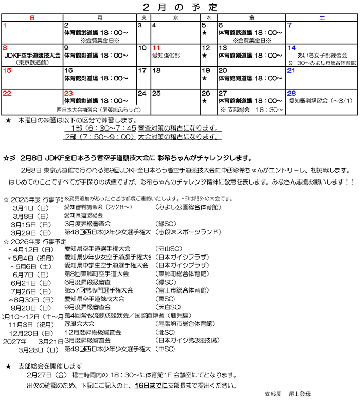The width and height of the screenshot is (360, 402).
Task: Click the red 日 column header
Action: tap(32, 17)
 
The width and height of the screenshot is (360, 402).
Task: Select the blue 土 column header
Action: tap(322, 17)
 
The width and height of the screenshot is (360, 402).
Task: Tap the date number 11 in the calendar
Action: tap(156, 48)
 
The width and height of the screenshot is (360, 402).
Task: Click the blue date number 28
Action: tap(292, 93)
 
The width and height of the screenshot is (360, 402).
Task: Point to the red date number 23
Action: tap(68, 93)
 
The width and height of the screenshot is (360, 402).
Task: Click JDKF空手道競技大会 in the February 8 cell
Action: tap(32, 55)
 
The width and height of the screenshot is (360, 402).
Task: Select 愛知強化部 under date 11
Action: tap(166, 55)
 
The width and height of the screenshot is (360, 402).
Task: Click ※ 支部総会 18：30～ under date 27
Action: tap(251, 109)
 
